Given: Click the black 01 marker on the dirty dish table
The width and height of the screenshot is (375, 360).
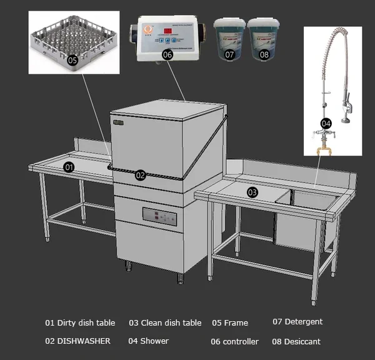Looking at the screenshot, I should pyautogui.click(x=69, y=167).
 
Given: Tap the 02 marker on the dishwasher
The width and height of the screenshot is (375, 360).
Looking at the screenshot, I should pyautogui.click(x=140, y=176).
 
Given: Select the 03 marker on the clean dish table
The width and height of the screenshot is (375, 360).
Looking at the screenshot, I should pyautogui.click(x=252, y=192).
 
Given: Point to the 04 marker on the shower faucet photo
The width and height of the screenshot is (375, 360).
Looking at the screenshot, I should pyautogui.click(x=326, y=124).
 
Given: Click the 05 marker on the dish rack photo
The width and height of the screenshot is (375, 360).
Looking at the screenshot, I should pyautogui.click(x=72, y=60).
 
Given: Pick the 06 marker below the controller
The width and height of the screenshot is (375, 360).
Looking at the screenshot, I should pyautogui.click(x=167, y=54).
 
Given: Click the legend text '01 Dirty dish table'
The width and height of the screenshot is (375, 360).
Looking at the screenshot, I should pyautogui.click(x=80, y=323).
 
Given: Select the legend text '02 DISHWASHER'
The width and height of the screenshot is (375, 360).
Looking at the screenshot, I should pyautogui.click(x=77, y=341).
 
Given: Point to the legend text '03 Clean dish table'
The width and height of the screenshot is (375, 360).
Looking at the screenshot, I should pyautogui.click(x=165, y=323).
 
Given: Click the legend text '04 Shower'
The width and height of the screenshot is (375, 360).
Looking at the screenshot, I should pyautogui.click(x=148, y=341).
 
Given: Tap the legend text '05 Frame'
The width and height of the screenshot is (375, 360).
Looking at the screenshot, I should pyautogui.click(x=230, y=323).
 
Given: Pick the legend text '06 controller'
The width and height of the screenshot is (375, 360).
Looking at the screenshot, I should pyautogui.click(x=234, y=342).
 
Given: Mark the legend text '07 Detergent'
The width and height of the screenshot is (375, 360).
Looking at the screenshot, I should pyautogui.click(x=297, y=322).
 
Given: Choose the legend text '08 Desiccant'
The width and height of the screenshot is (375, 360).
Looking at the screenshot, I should pyautogui.click(x=296, y=341).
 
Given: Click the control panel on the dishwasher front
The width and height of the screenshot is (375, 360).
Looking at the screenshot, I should pyautogui.click(x=159, y=216).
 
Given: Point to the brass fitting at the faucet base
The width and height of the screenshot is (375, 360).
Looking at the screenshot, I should pyautogui.click(x=325, y=148).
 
